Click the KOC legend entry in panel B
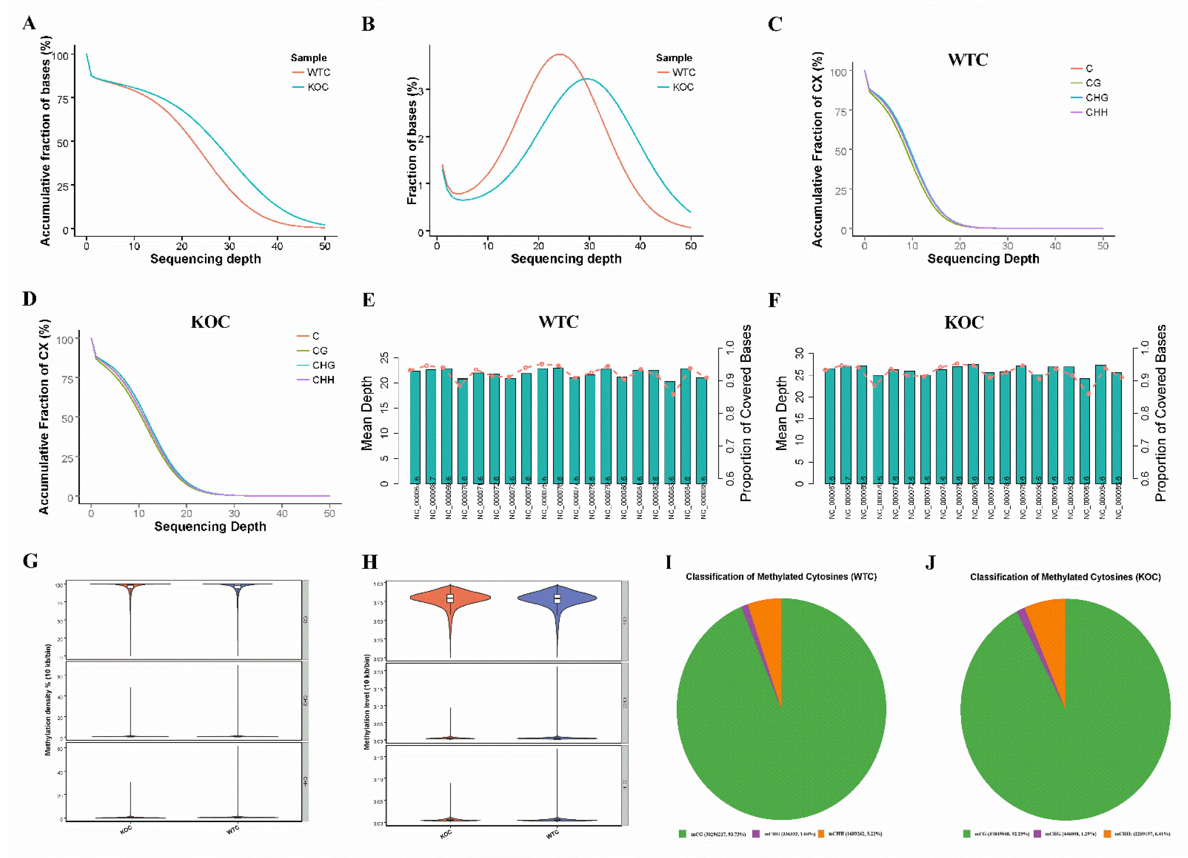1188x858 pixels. tap(683, 87)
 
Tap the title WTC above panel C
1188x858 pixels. tap(968, 60)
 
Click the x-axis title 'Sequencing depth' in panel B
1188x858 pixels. tap(566, 259)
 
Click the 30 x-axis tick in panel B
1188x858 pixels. tap(589, 246)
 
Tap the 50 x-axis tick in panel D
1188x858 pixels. tap(329, 514)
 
